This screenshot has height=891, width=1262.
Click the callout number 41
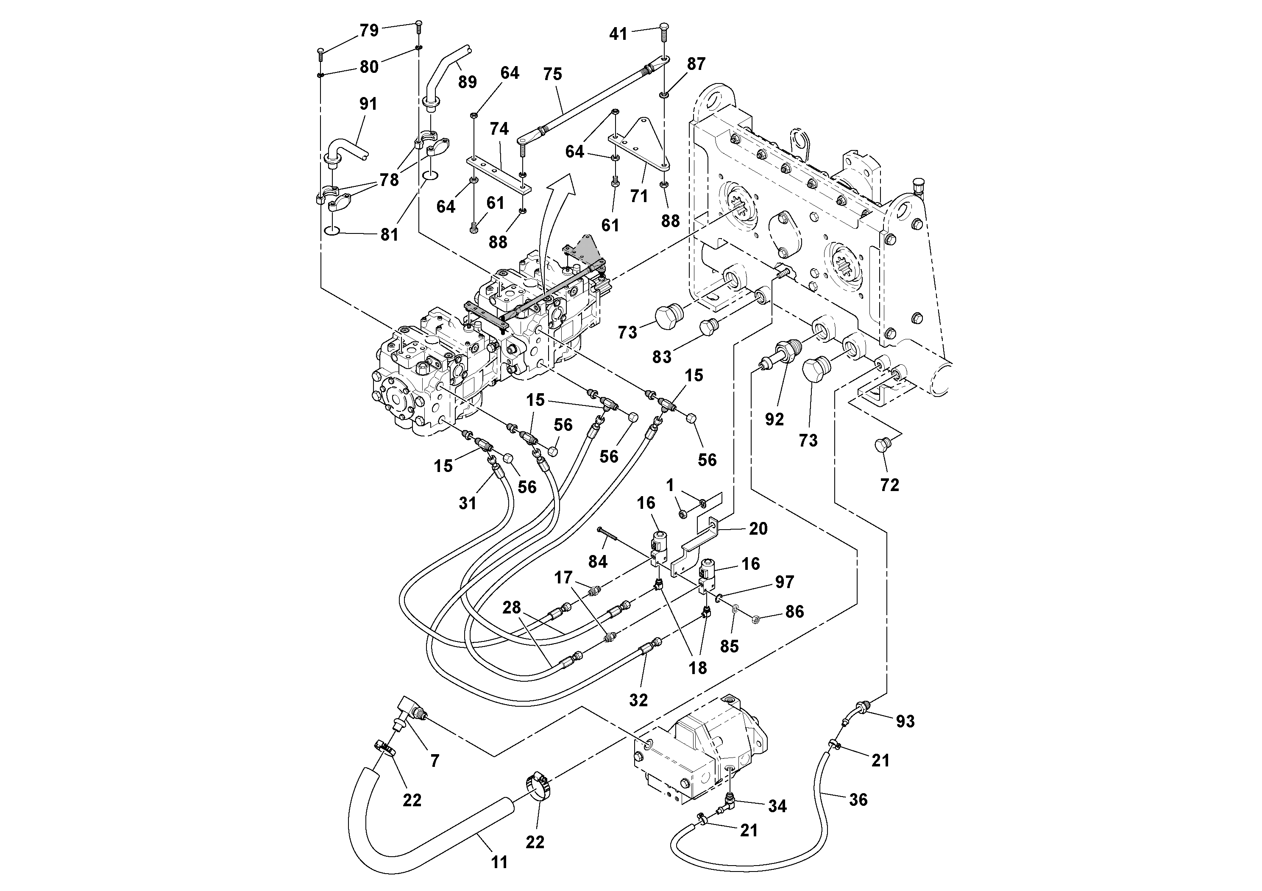tap(618, 34)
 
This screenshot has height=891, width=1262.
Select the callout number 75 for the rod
tap(552, 74)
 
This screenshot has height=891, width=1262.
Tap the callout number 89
tap(467, 82)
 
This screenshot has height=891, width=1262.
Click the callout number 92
tap(774, 420)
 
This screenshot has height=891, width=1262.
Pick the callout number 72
tap(889, 485)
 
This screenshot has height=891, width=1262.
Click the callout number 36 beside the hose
tap(858, 800)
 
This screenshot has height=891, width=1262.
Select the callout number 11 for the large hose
tap(499, 863)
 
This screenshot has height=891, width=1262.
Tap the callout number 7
tap(435, 761)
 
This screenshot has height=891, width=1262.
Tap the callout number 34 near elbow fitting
tap(777, 806)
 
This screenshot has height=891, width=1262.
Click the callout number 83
tap(662, 357)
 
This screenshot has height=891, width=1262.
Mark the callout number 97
tap(784, 582)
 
